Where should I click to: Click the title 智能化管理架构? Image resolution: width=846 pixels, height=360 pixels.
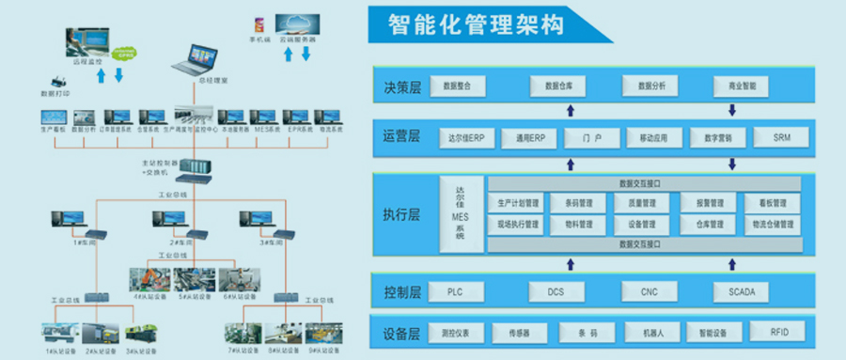pyautogui.click(x=477, y=23)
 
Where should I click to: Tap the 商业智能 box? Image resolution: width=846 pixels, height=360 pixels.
pyautogui.click(x=735, y=86)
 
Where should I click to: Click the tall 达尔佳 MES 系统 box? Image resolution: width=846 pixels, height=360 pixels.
pyautogui.click(x=460, y=212)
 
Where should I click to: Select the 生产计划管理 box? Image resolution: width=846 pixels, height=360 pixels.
pyautogui.click(x=519, y=203)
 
